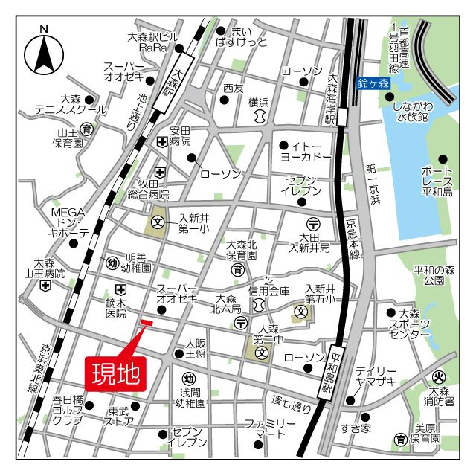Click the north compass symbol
[44, 54]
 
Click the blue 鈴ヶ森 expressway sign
[373, 84]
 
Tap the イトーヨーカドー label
[305, 152]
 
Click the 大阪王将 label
[196, 349]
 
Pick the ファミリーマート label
[271, 428]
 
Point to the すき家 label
[355, 428]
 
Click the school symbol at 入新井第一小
[158, 222]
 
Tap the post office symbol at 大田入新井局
[313, 224]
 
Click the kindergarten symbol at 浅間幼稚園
[189, 378]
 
